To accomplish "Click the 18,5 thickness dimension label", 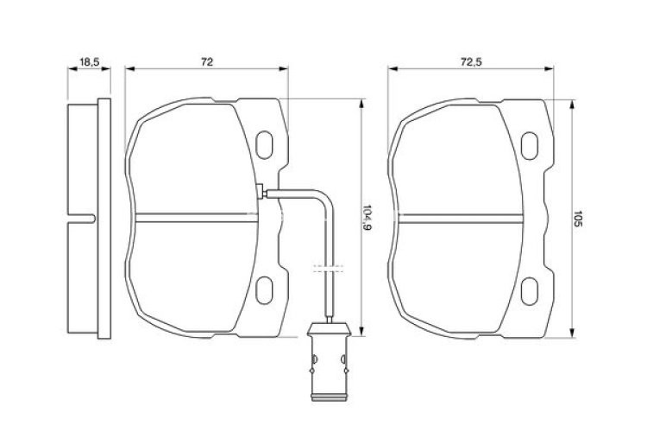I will [88, 62].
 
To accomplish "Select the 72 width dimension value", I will [207, 62].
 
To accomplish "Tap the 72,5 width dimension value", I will [469, 62].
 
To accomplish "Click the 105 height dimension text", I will [581, 219].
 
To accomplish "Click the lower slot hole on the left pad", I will [265, 288].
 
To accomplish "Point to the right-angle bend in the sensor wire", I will [325, 196].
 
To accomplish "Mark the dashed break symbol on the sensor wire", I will [328, 268].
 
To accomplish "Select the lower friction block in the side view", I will [83, 276].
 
